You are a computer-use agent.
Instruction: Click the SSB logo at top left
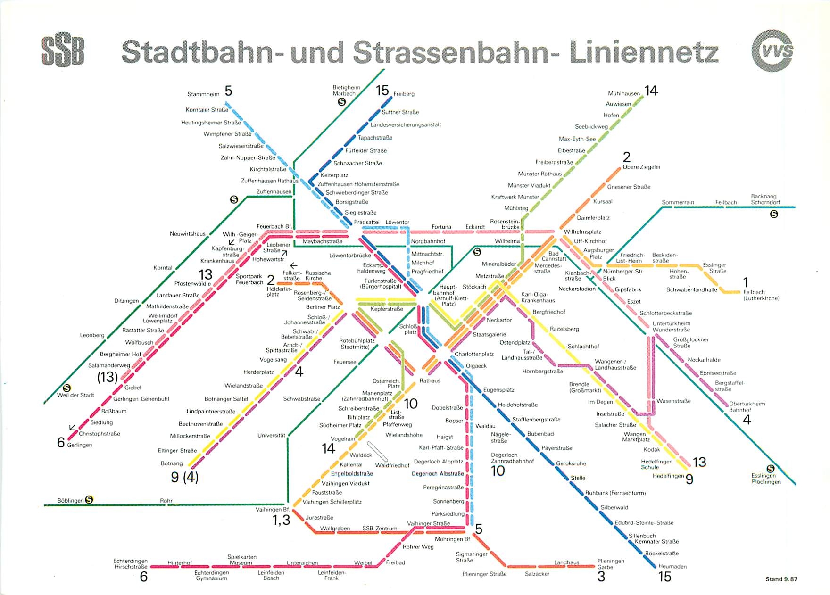point(63,51)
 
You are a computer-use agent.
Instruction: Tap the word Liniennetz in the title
point(643,52)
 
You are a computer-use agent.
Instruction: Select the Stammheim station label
point(203,94)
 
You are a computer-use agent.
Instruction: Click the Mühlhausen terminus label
point(623,93)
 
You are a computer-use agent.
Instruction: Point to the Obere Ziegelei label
point(641,167)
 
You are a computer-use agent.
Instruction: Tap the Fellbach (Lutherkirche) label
point(761,295)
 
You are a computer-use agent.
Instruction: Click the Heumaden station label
point(672,566)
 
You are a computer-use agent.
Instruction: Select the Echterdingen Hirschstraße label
point(131,564)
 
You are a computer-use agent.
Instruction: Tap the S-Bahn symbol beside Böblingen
point(89,500)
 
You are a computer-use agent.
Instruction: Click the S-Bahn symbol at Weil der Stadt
point(67,388)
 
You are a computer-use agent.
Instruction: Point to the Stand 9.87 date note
point(781,579)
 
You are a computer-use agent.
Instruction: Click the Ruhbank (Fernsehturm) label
point(615,493)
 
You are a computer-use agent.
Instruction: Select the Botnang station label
point(172,463)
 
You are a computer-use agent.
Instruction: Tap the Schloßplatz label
point(408,329)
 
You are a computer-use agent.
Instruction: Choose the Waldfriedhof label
point(392,465)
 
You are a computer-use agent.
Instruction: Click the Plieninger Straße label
point(484,574)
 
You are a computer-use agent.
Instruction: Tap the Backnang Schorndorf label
point(765,199)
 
